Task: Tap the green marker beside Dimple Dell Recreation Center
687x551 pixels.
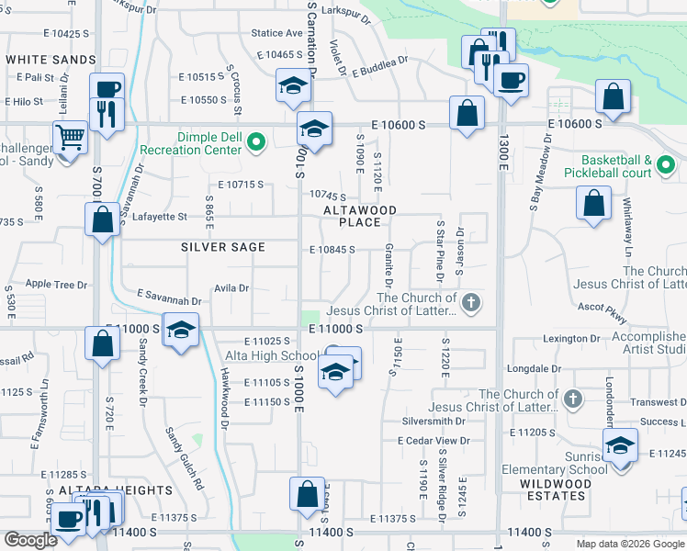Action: tap(257, 142)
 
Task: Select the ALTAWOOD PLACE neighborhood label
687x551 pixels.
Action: tap(359, 216)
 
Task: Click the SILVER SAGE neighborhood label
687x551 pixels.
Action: tap(223, 247)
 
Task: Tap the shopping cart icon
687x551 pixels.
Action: tap(70, 138)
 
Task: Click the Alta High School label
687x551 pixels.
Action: tap(274, 355)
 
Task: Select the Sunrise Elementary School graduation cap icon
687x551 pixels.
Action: tap(621, 446)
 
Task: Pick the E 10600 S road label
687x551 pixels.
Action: tap(399, 124)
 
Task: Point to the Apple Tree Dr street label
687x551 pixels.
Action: tap(56, 285)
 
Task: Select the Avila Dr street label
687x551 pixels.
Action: tap(231, 287)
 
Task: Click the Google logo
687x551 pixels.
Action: tap(30, 540)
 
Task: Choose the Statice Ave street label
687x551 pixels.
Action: tap(277, 33)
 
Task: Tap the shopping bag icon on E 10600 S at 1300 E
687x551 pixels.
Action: tap(467, 113)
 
